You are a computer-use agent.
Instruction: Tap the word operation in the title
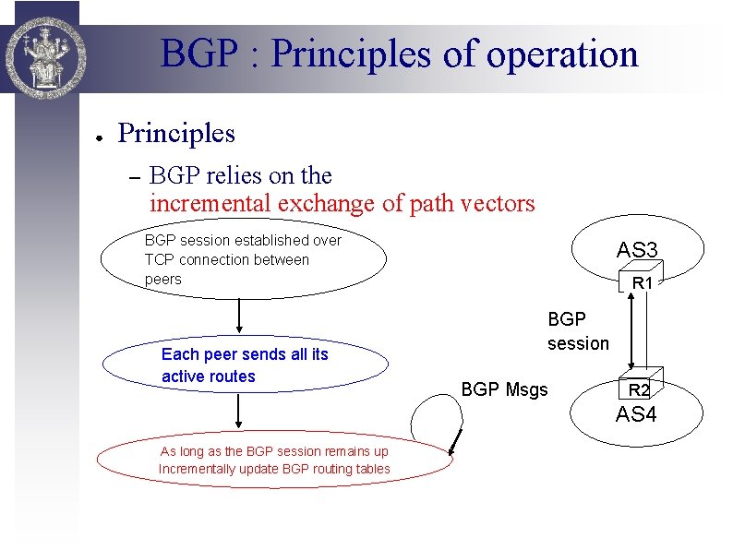pyautogui.click(x=565, y=54)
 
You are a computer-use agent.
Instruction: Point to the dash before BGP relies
pyautogui.click(x=131, y=177)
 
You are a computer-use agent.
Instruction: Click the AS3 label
pyautogui.click(x=637, y=250)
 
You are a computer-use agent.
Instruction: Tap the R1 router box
pyautogui.click(x=643, y=283)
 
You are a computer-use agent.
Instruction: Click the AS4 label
pyautogui.click(x=636, y=414)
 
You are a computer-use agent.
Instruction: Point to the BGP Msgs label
pyautogui.click(x=504, y=389)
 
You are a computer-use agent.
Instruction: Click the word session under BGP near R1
pyautogui.click(x=578, y=343)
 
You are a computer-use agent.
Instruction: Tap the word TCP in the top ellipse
pyautogui.click(x=159, y=259)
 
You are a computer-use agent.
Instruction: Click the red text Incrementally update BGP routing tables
pyautogui.click(x=274, y=469)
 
